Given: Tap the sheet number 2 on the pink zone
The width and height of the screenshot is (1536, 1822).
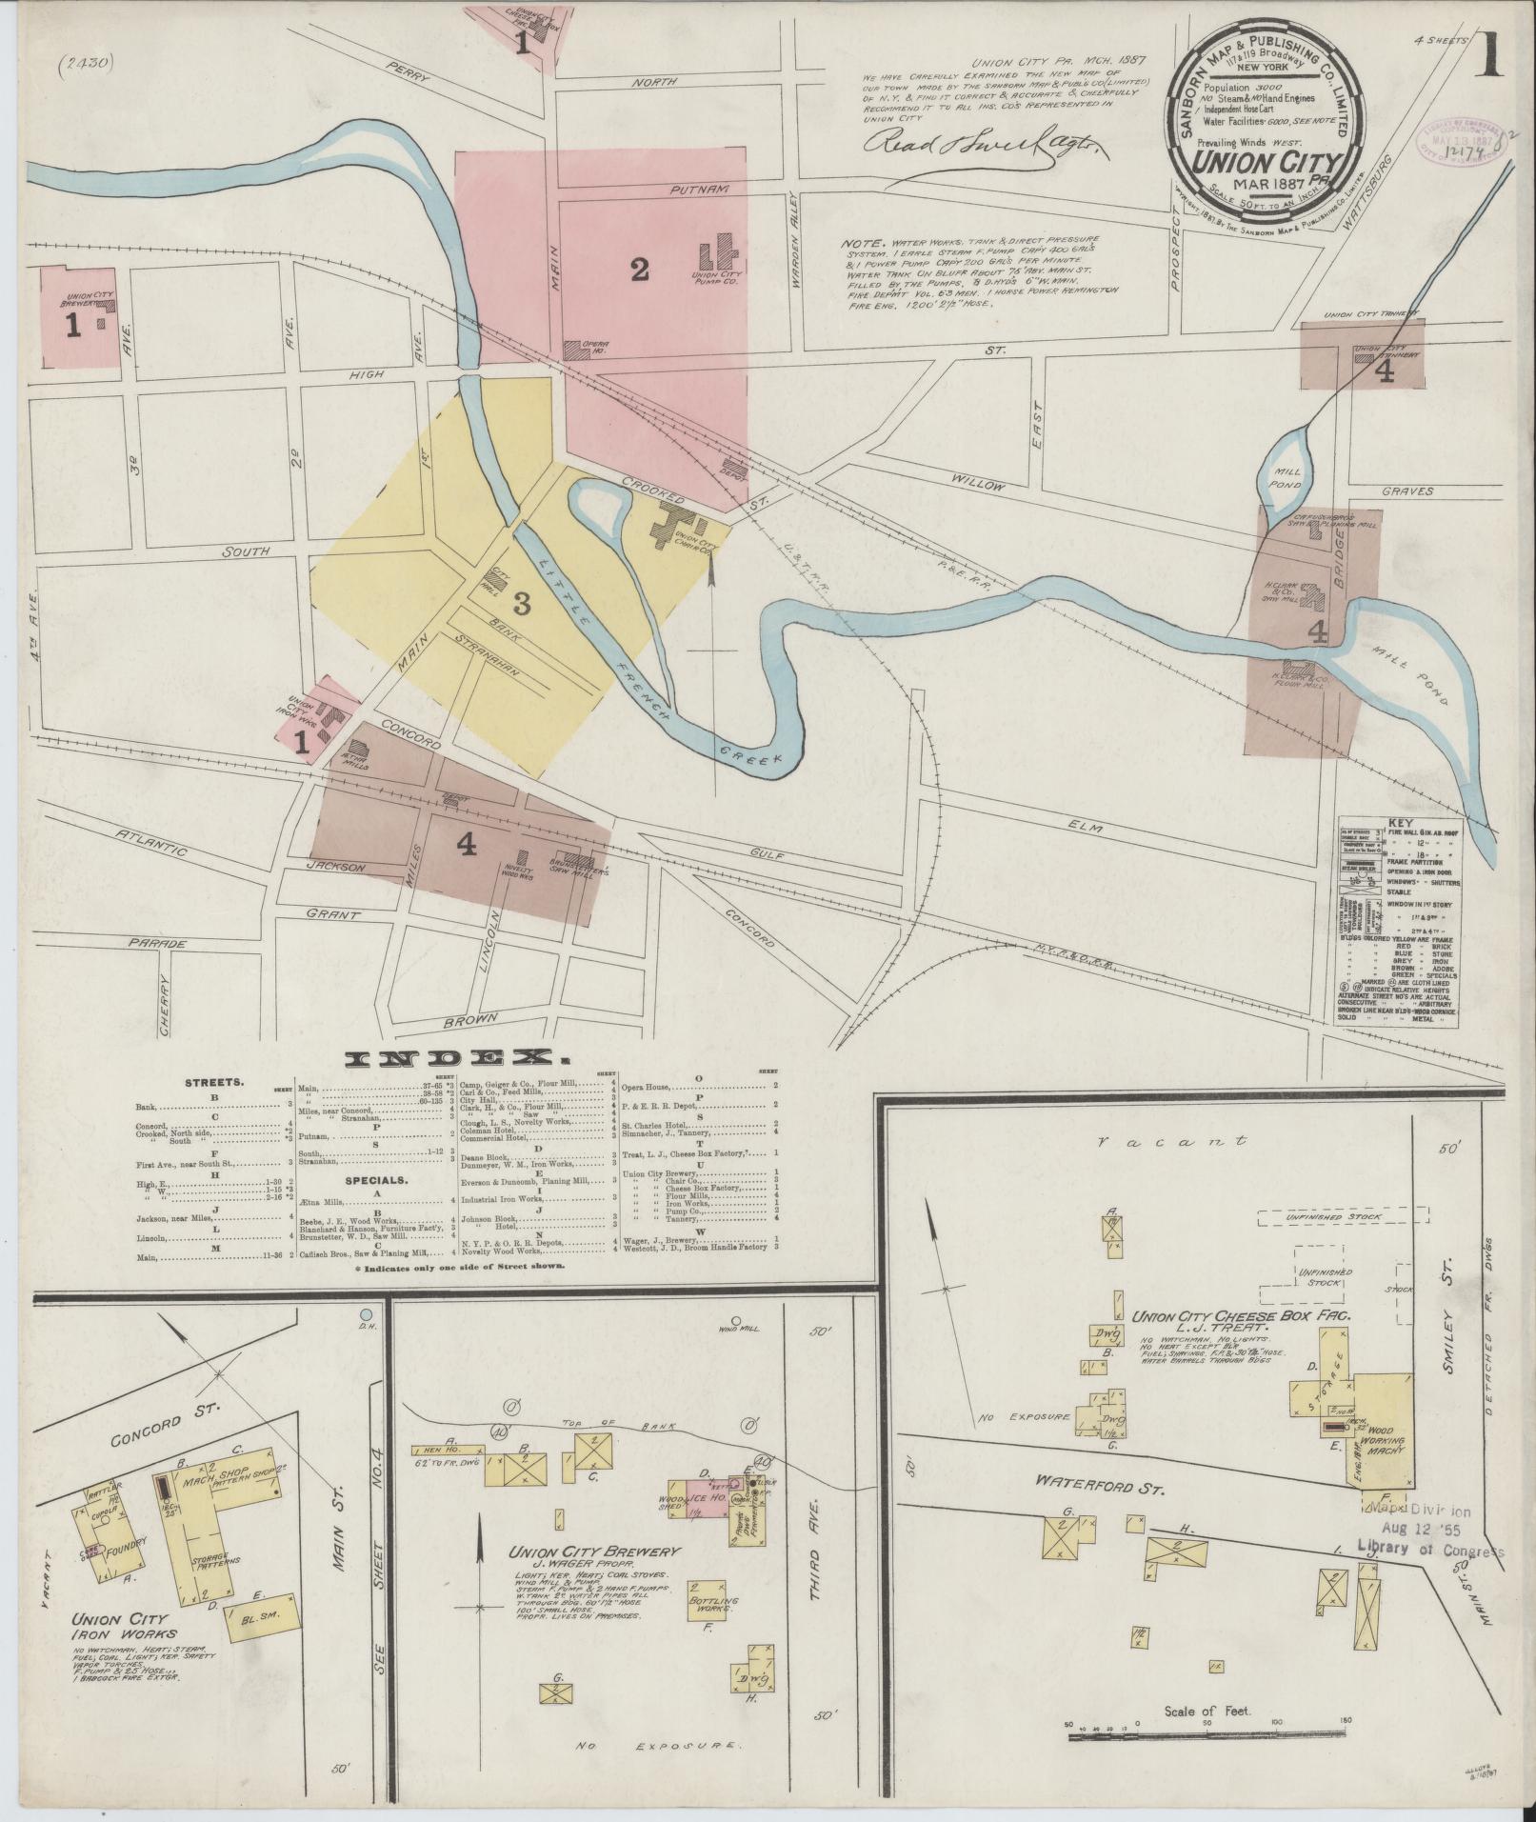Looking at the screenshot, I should pos(639,270).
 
